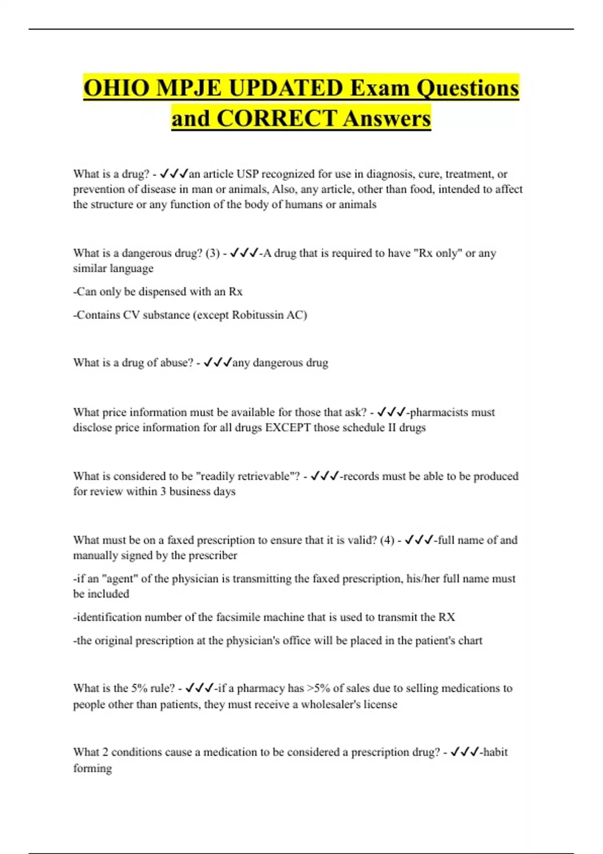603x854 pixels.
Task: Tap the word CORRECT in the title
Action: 276,119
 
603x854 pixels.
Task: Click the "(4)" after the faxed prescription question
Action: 387,540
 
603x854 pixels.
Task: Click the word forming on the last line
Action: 92,768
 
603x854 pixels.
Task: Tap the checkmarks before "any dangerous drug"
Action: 218,363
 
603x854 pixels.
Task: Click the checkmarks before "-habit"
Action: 464,752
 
